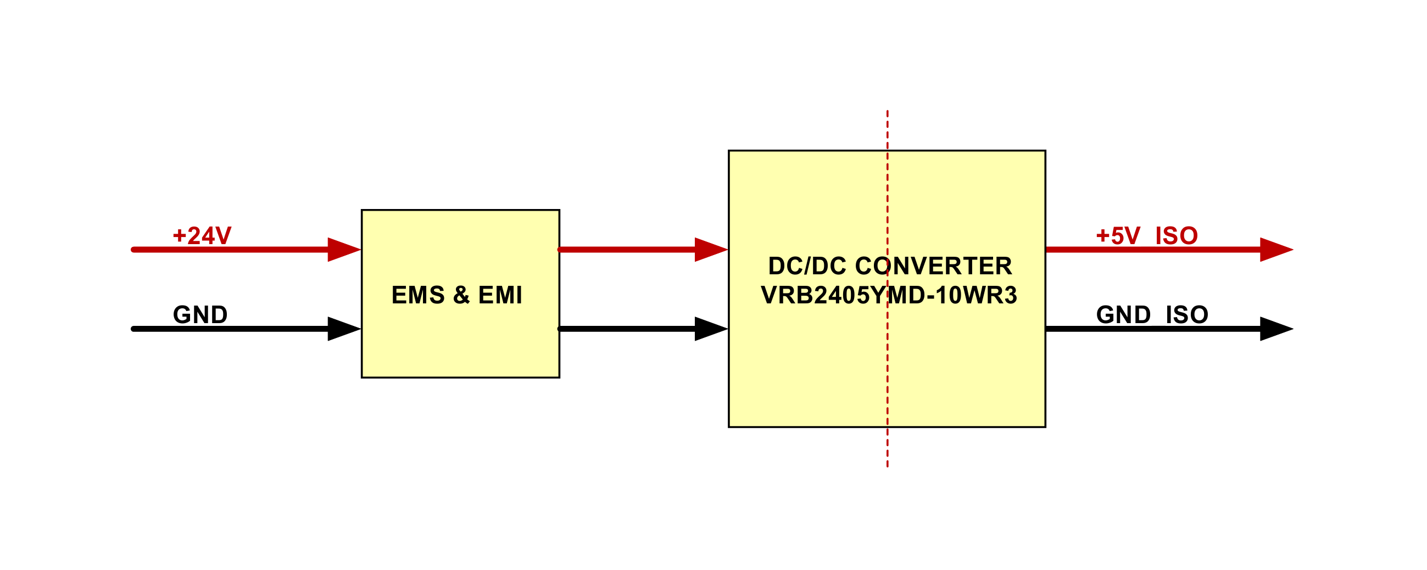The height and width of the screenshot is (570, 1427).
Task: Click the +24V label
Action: (x=202, y=236)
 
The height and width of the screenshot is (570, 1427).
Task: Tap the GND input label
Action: (x=200, y=315)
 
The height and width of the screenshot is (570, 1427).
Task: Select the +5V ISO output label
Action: (x=1147, y=236)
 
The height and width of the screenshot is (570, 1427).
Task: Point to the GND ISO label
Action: (x=1152, y=315)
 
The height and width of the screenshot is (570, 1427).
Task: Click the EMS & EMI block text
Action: (x=457, y=295)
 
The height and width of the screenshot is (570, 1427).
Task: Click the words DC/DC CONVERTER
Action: (x=890, y=266)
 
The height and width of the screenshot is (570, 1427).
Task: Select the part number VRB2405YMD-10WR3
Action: (x=889, y=296)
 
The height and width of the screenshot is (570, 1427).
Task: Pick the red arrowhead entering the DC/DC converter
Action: (x=711, y=250)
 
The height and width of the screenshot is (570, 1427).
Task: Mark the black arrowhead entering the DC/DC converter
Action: (x=711, y=329)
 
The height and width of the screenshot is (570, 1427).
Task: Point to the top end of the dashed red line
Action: (x=888, y=111)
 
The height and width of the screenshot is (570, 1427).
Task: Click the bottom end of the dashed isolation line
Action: (x=888, y=466)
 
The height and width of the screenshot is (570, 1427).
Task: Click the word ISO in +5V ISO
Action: (x=1177, y=236)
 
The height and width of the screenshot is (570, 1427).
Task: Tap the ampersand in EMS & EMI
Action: (x=461, y=295)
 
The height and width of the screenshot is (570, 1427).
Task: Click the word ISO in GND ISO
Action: (x=1187, y=315)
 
